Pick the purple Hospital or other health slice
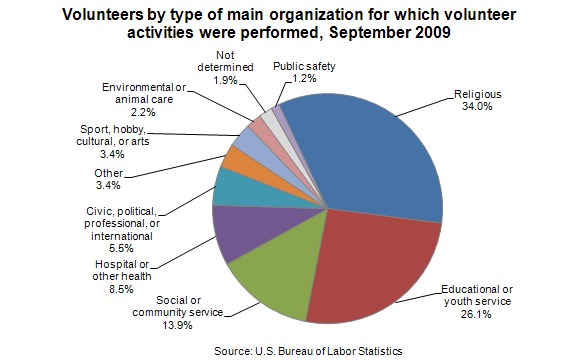(252, 229)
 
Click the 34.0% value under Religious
(477, 107)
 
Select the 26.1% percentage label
(476, 314)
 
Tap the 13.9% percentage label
(178, 325)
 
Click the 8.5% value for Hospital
(121, 289)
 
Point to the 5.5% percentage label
(121, 248)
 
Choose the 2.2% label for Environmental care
(144, 112)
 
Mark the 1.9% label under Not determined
(225, 80)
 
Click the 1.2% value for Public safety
(304, 78)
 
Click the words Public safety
(304, 66)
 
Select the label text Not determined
(225, 61)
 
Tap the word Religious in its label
(478, 94)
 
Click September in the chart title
(370, 33)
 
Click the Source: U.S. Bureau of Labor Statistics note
(308, 351)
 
